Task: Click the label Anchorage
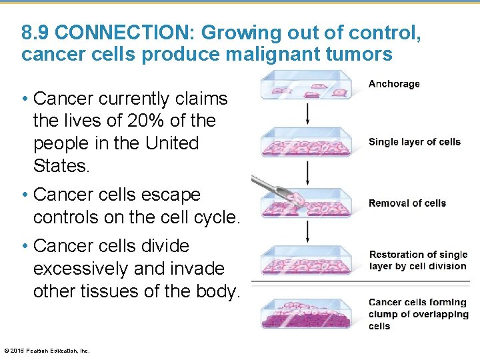pos(394,84)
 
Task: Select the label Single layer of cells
pos(414,142)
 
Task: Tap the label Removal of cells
pos(407,203)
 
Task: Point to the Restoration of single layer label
pos(418,260)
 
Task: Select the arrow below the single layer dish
pos(308,173)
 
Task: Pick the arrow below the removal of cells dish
pos(308,231)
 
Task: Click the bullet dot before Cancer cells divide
pos(24,246)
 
